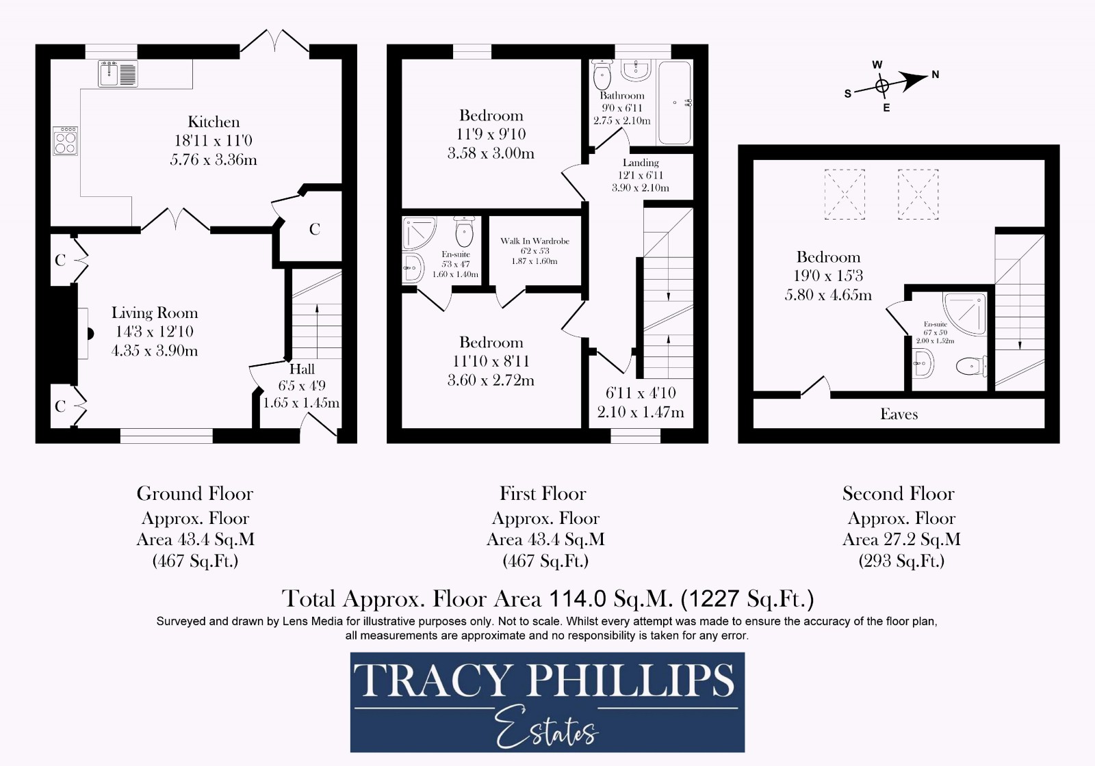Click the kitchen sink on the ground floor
(x=118, y=74)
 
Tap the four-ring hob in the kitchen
(x=66, y=141)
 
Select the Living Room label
(x=155, y=313)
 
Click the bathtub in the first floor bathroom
(x=674, y=103)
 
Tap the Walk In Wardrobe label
(x=534, y=241)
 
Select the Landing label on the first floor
(x=641, y=163)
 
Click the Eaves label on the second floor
(x=899, y=414)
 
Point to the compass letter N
(x=936, y=75)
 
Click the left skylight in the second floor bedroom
(x=845, y=194)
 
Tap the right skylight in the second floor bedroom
(x=918, y=194)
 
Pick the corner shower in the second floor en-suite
(x=966, y=313)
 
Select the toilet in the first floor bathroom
(x=602, y=72)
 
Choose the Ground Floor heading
(x=195, y=494)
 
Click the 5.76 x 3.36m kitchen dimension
(x=214, y=160)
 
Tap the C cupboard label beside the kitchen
(x=315, y=230)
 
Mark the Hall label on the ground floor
(x=302, y=369)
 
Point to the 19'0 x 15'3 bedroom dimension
(x=829, y=276)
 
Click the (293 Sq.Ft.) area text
(x=901, y=562)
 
